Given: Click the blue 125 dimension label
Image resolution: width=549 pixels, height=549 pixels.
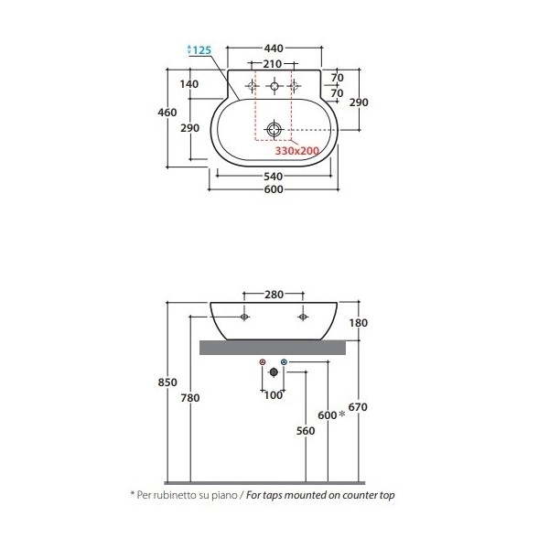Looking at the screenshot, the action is [x=202, y=50].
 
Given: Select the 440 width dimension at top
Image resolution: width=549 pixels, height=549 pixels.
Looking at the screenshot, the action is [x=274, y=48].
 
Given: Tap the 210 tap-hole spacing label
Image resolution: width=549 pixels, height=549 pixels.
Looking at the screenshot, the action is [x=272, y=64].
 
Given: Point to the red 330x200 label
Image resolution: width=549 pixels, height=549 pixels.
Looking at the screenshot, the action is [x=296, y=151].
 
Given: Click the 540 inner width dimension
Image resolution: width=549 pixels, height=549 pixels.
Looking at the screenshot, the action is [x=273, y=176].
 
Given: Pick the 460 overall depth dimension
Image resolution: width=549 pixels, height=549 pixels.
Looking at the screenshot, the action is [x=167, y=113].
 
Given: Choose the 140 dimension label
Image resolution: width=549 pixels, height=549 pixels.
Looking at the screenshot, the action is [x=189, y=84].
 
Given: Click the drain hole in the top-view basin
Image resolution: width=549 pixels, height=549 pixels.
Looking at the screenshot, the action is [x=274, y=130].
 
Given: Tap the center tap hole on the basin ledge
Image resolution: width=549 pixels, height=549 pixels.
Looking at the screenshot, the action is [x=274, y=86].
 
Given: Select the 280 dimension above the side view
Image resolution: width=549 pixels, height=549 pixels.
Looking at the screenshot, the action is [x=274, y=295].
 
